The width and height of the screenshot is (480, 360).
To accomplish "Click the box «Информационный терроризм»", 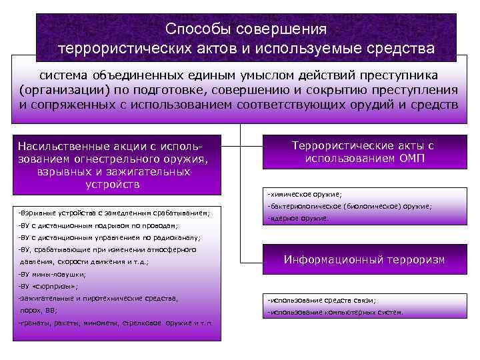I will (x=364, y=259).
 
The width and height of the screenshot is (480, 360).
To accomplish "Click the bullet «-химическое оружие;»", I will (x=304, y=195).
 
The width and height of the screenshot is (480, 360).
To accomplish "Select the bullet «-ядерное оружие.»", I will (x=297, y=219).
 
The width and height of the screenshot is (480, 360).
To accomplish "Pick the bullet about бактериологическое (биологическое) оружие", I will (x=349, y=207).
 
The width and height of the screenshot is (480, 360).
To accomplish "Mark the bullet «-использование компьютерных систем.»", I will (x=335, y=312).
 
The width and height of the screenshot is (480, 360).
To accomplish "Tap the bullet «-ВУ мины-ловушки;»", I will (x=53, y=274).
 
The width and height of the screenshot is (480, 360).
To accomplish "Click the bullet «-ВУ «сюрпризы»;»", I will (x=49, y=286).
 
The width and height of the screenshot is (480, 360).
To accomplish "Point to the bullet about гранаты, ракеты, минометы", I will (x=116, y=323).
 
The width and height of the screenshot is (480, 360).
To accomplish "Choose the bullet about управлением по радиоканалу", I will (x=110, y=237).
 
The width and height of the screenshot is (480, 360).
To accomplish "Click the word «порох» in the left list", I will (x=31, y=310).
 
